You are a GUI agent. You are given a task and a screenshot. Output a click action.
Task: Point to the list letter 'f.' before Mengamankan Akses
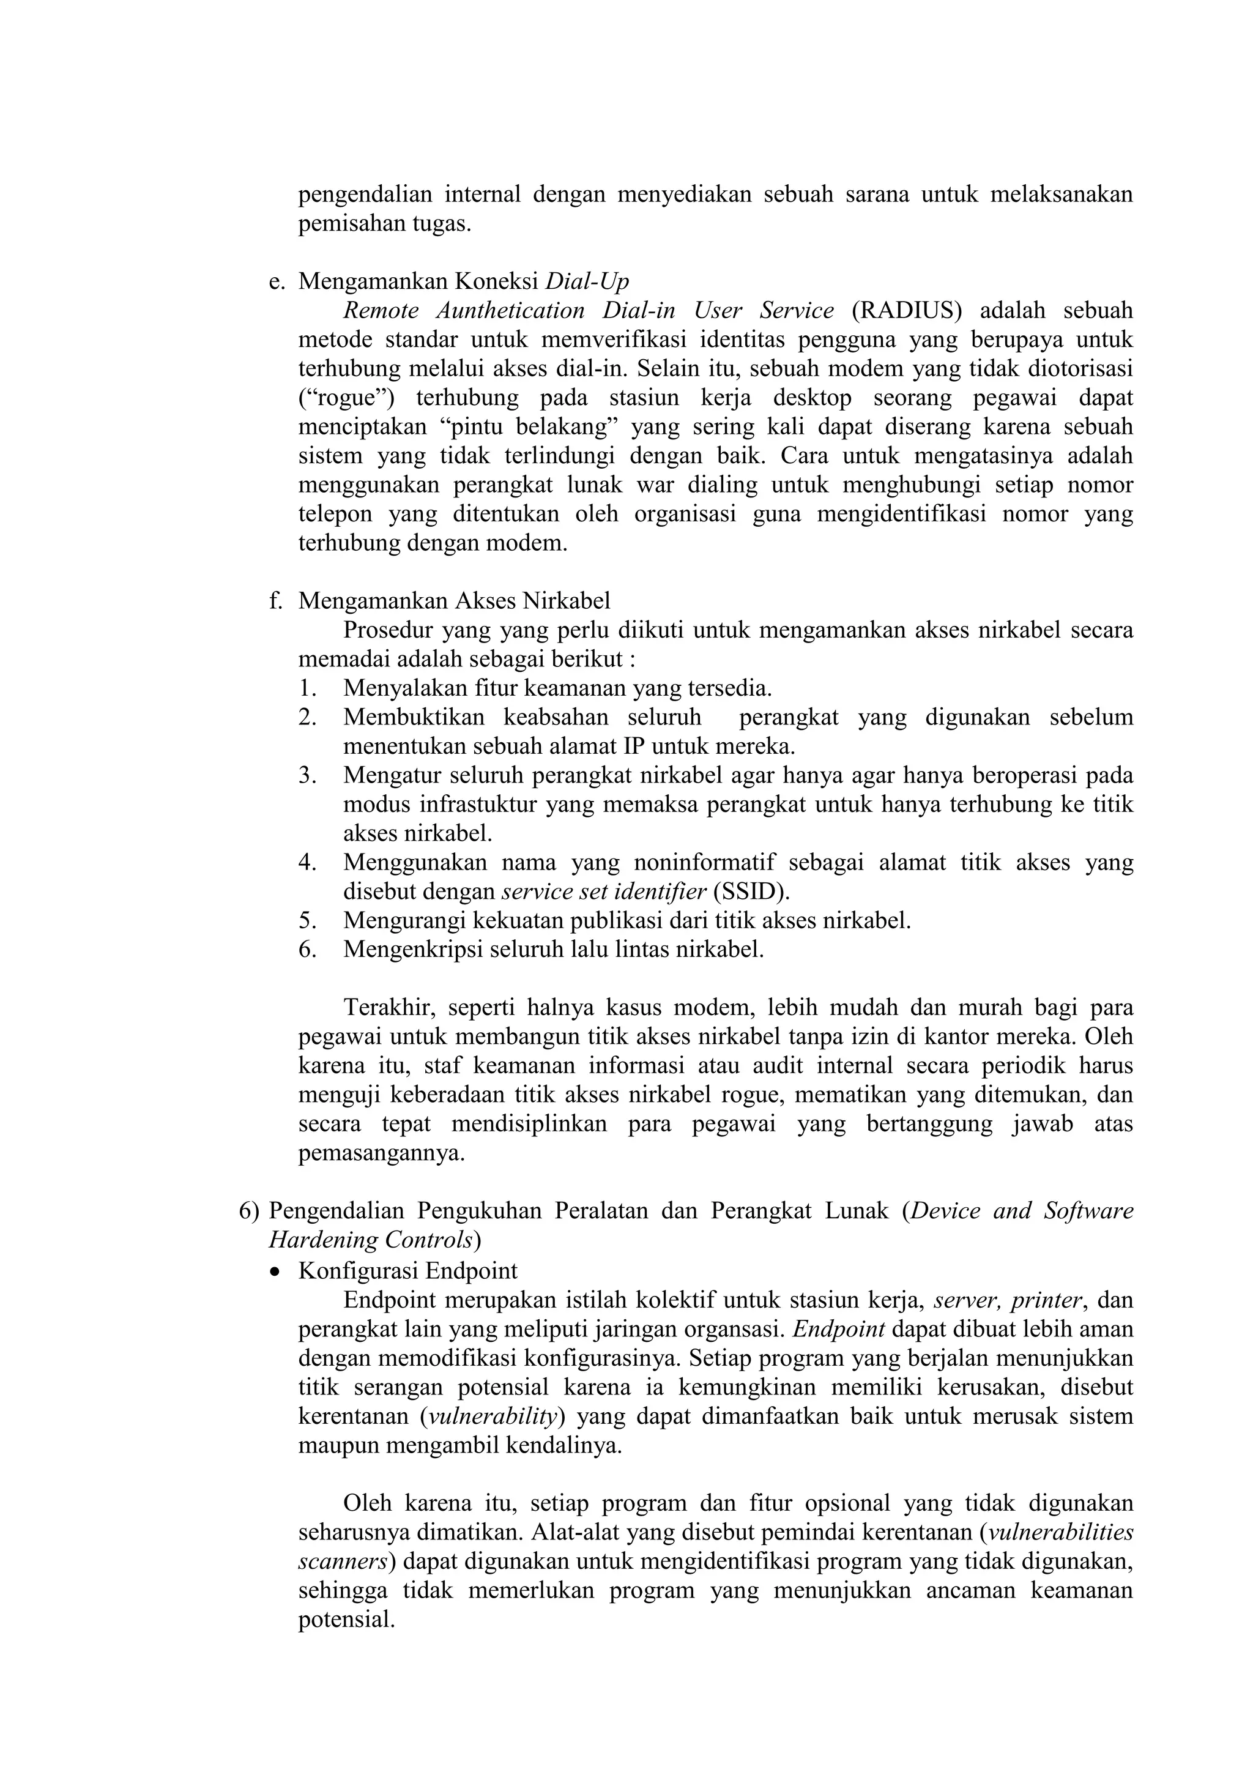pos(276,600)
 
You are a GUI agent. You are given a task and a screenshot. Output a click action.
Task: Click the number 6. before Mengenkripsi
pos(307,949)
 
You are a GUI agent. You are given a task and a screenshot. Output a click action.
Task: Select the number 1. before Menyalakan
pos(307,688)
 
